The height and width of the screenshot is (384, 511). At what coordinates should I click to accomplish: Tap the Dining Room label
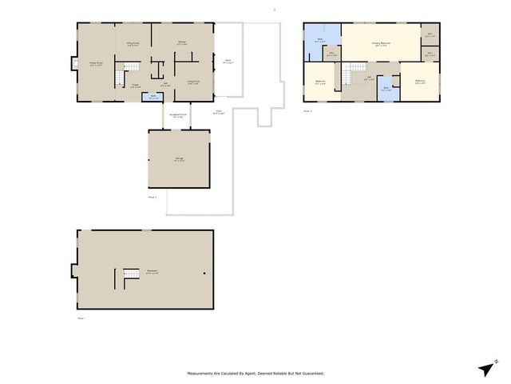133,44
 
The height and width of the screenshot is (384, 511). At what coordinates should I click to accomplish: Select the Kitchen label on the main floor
182,43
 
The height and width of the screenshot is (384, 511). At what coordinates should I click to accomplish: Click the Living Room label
193,82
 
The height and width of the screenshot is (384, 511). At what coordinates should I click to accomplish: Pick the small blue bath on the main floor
154,98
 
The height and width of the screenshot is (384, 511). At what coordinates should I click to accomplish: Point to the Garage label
178,158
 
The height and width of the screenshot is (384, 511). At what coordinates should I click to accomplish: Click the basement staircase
130,278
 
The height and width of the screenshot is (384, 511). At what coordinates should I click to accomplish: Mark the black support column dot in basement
204,274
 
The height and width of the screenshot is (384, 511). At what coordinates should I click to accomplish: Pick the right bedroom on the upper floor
420,82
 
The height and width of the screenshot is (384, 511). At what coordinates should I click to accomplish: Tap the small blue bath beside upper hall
386,89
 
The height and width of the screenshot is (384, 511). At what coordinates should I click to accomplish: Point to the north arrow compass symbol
486,368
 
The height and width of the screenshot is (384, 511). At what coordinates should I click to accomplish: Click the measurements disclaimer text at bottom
255,374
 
